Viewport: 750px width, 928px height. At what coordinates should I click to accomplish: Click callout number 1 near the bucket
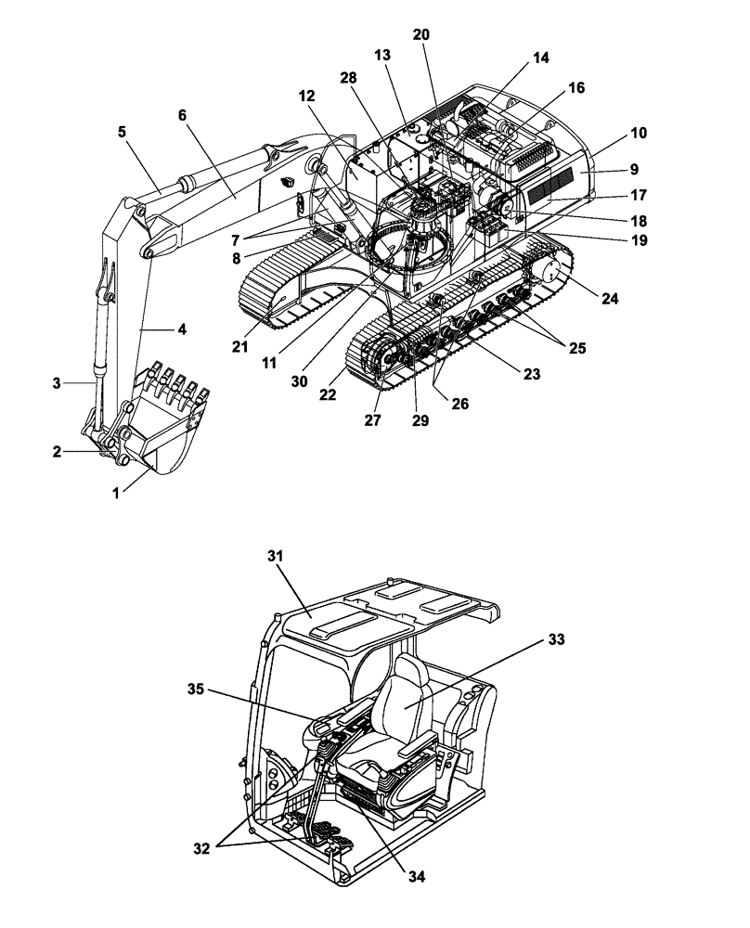[x=116, y=495]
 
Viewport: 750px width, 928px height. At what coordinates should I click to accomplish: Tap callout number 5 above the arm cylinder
[x=123, y=131]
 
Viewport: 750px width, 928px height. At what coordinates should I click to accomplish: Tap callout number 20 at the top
[x=421, y=34]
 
